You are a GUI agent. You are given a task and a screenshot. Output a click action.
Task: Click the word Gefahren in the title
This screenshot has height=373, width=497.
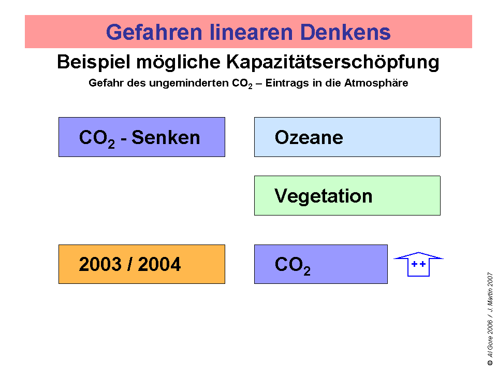[x=154, y=32]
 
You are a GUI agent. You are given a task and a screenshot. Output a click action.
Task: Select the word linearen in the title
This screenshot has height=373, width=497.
[x=252, y=32]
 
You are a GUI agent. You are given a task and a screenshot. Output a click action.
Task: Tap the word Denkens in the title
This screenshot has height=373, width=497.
[x=345, y=32]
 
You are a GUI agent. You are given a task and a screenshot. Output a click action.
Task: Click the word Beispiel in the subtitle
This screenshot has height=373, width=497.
[x=94, y=62]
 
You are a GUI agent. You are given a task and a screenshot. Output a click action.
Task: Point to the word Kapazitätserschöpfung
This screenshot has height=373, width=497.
[x=332, y=62]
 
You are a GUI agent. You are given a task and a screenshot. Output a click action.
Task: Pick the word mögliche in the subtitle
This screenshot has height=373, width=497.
[x=178, y=62]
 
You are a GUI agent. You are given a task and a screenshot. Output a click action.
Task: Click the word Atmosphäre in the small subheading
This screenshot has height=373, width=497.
[x=376, y=83]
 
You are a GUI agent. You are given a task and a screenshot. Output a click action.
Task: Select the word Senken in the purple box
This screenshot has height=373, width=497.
[x=166, y=138]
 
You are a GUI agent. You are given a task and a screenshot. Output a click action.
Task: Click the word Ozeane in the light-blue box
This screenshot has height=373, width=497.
[x=309, y=138]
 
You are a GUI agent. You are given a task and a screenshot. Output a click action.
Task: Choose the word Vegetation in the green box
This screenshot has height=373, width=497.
[x=323, y=196]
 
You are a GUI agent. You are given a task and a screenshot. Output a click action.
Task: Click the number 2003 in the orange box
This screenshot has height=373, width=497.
[x=100, y=264]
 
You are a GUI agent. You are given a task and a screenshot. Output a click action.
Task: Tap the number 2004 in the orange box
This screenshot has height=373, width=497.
[x=159, y=264]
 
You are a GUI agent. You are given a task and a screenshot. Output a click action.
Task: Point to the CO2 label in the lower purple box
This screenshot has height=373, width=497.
[x=293, y=266]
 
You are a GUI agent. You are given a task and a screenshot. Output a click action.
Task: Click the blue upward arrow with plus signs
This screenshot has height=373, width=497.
[x=418, y=264]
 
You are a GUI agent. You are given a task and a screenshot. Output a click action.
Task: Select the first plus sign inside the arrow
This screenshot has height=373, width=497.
[x=414, y=264]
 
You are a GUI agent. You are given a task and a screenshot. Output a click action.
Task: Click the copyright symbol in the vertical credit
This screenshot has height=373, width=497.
[x=490, y=363]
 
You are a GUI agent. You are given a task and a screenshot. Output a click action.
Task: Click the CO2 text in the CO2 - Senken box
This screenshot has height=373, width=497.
[x=97, y=139]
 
